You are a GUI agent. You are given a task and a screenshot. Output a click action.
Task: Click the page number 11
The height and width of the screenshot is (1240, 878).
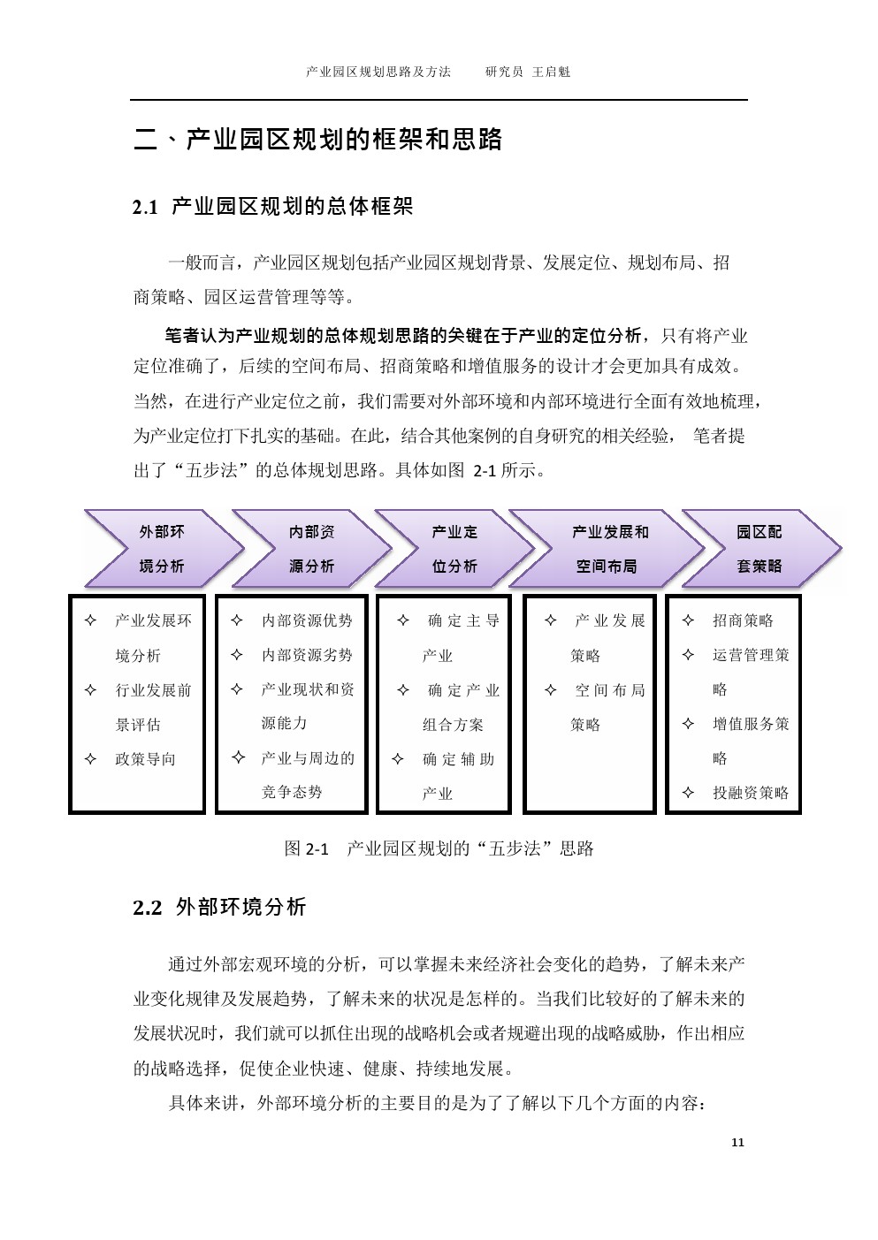coord(737,1143)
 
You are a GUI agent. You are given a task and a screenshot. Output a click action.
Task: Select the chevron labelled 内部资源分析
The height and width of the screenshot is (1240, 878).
coord(312,548)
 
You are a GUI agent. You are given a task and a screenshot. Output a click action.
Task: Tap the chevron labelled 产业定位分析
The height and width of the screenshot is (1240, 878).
coord(454,548)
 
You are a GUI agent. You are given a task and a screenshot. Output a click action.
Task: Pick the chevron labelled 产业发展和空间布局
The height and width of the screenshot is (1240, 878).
coord(607,548)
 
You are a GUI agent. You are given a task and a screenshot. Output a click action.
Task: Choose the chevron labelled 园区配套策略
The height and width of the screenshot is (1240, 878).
coord(761,548)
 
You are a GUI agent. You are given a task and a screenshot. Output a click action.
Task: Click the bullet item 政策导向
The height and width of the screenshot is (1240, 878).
coord(145,759)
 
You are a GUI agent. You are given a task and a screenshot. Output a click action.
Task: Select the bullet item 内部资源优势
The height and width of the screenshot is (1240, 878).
coord(307,620)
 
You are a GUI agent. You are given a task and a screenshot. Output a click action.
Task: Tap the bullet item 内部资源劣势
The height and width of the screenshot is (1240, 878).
coord(307,655)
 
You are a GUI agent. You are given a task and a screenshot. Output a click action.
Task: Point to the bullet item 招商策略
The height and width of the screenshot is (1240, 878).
coord(743,620)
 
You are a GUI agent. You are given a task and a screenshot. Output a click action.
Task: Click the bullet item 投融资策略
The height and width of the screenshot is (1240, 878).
coord(751,793)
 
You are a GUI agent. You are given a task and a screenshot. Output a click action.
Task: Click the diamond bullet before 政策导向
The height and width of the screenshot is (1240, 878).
coord(90,758)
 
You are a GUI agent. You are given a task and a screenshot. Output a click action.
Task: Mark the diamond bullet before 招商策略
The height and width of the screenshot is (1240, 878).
coord(688,620)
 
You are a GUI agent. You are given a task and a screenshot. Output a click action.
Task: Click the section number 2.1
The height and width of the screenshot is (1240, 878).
coord(145,208)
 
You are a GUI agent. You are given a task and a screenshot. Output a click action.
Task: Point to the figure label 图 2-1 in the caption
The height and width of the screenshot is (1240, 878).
coord(306,848)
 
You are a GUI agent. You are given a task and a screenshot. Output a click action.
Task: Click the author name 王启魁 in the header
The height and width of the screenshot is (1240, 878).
coord(551,72)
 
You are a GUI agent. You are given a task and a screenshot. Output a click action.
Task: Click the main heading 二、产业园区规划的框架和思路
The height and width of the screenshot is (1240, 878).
coord(318,139)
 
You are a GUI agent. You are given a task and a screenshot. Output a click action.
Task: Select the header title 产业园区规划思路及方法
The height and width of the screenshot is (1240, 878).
coord(378,72)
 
